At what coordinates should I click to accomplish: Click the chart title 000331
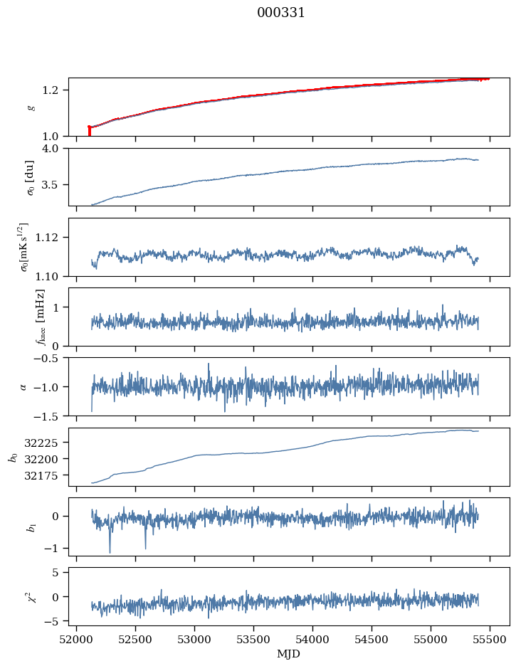tap(281, 13)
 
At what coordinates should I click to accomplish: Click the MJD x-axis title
tap(289, 654)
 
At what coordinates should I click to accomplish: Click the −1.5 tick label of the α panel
tap(51, 416)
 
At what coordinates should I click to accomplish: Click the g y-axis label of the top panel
tap(30, 107)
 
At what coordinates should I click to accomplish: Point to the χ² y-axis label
tap(29, 596)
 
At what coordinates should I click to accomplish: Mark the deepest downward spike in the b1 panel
tap(110, 551)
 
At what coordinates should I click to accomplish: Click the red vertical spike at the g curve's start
tap(89, 131)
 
